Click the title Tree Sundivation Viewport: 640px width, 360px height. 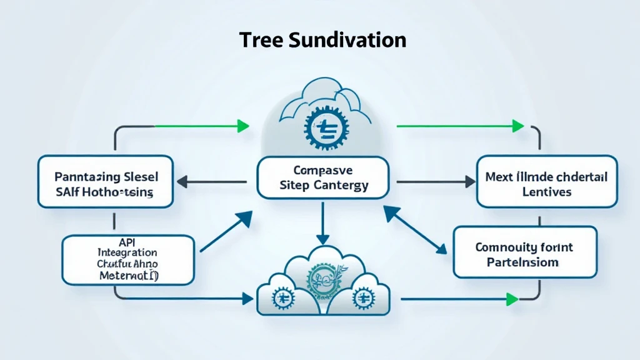322,40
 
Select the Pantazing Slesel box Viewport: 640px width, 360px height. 105,181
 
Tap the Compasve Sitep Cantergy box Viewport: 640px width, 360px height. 322,177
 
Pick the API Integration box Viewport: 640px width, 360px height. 128,258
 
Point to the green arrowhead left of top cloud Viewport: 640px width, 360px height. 243,126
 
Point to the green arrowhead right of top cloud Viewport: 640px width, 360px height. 517,126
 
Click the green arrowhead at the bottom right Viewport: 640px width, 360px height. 512,299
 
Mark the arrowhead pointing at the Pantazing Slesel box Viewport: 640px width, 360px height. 181,182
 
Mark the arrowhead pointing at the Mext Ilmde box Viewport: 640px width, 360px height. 468,182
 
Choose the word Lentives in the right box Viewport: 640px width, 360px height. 546,192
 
